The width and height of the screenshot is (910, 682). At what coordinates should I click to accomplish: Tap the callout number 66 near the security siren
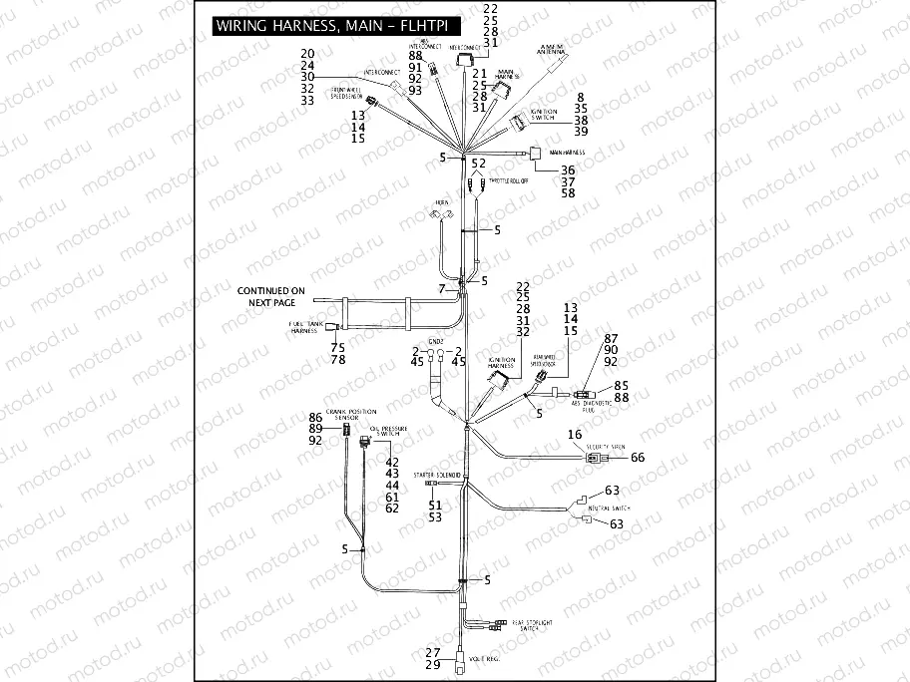(639, 457)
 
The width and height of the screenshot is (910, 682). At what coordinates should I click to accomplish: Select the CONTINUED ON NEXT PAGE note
(272, 296)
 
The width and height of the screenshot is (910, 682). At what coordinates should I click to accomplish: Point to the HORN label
(436, 202)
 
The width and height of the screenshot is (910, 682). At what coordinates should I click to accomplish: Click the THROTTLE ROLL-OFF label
(509, 181)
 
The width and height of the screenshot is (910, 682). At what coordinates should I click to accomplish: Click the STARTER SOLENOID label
(436, 477)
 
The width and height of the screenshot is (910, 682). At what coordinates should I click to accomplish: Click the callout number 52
(479, 163)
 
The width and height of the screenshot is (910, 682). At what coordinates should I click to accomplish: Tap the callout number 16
(575, 435)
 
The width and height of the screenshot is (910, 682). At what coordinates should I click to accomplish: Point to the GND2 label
(435, 340)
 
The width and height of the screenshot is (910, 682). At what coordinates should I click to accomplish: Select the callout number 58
(568, 192)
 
